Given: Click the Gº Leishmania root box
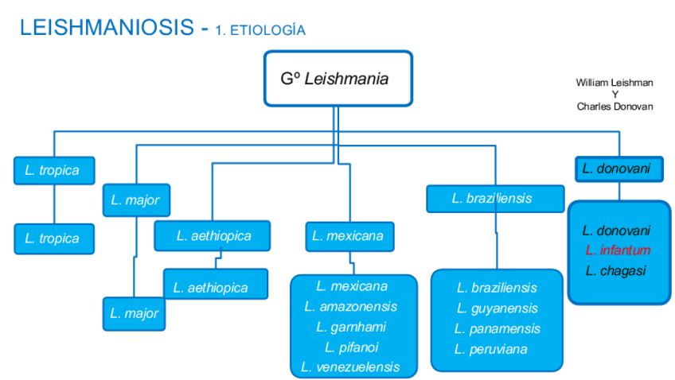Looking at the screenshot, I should (x=337, y=79).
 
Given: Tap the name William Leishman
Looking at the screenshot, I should (x=615, y=83).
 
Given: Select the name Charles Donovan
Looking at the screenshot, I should (x=615, y=106).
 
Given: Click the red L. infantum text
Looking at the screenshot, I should (x=618, y=250).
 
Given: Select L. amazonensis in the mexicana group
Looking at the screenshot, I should (x=350, y=306).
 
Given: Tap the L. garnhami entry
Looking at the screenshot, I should (x=350, y=327).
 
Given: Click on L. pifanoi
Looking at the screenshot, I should (x=351, y=347).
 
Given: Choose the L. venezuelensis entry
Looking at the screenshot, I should (x=350, y=367).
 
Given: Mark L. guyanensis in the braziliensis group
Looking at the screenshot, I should (x=497, y=308).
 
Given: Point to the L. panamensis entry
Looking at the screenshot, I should (x=497, y=328).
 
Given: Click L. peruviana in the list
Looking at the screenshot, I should (x=491, y=349).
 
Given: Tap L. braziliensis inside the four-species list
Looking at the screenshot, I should (x=497, y=288).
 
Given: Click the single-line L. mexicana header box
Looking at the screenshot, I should (x=348, y=236).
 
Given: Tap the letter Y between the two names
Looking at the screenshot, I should (x=615, y=95).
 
